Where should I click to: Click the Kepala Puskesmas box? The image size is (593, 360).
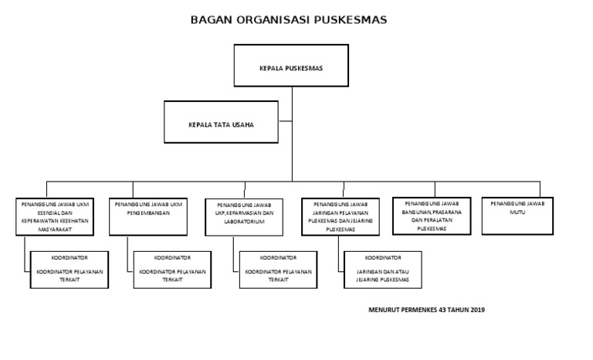click(x=291, y=67)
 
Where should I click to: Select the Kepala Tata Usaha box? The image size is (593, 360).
click(x=222, y=124)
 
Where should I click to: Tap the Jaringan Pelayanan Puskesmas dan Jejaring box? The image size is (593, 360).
click(x=341, y=216)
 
